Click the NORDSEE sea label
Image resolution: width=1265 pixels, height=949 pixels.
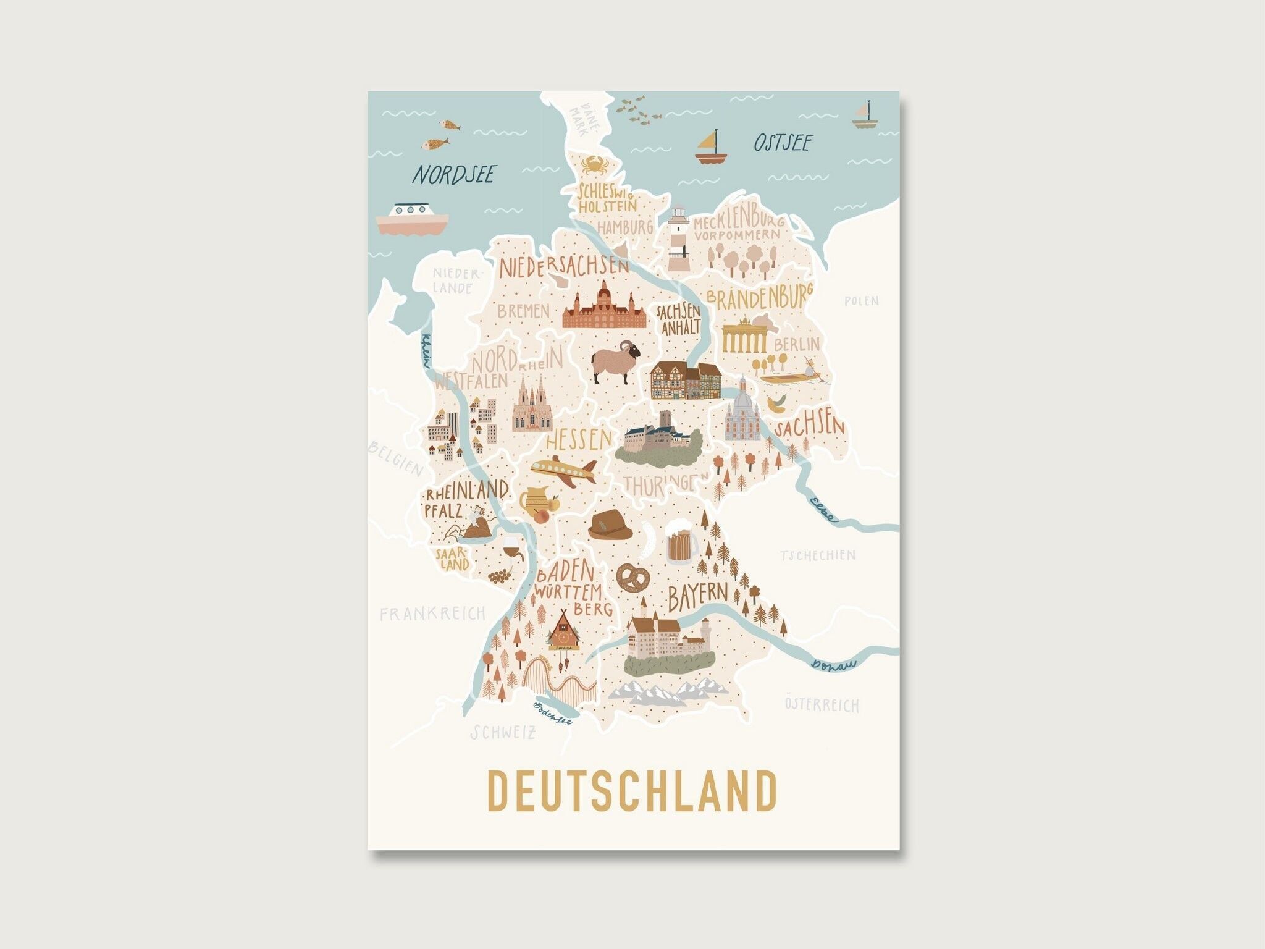point(454,175)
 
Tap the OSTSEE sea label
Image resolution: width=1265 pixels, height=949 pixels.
point(782,143)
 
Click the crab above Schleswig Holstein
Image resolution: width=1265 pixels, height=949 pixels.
point(592,164)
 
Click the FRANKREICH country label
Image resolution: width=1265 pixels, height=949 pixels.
point(432,614)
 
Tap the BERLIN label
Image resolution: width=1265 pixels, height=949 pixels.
point(796,344)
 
